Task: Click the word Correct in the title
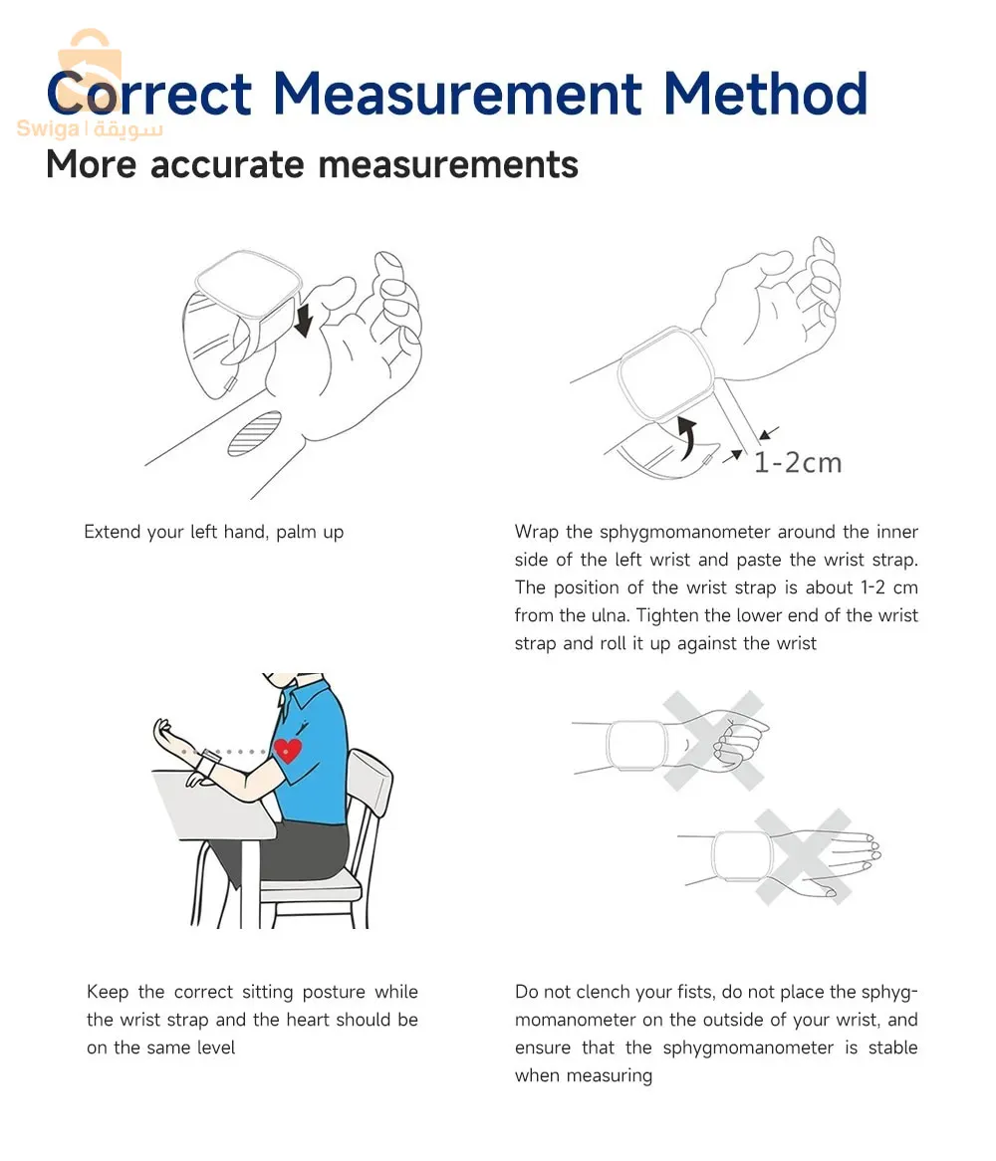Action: coord(148,94)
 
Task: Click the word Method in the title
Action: coord(765,94)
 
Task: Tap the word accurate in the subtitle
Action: coord(227,164)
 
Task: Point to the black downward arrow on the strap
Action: coord(303,320)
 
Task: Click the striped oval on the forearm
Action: coord(254,433)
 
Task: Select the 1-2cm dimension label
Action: coord(798,463)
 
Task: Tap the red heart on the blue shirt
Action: coord(287,751)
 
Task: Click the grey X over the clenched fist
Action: coord(713,741)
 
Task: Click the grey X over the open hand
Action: coord(804,856)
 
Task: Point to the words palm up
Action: coord(310,533)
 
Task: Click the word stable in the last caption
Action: coord(893,1047)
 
